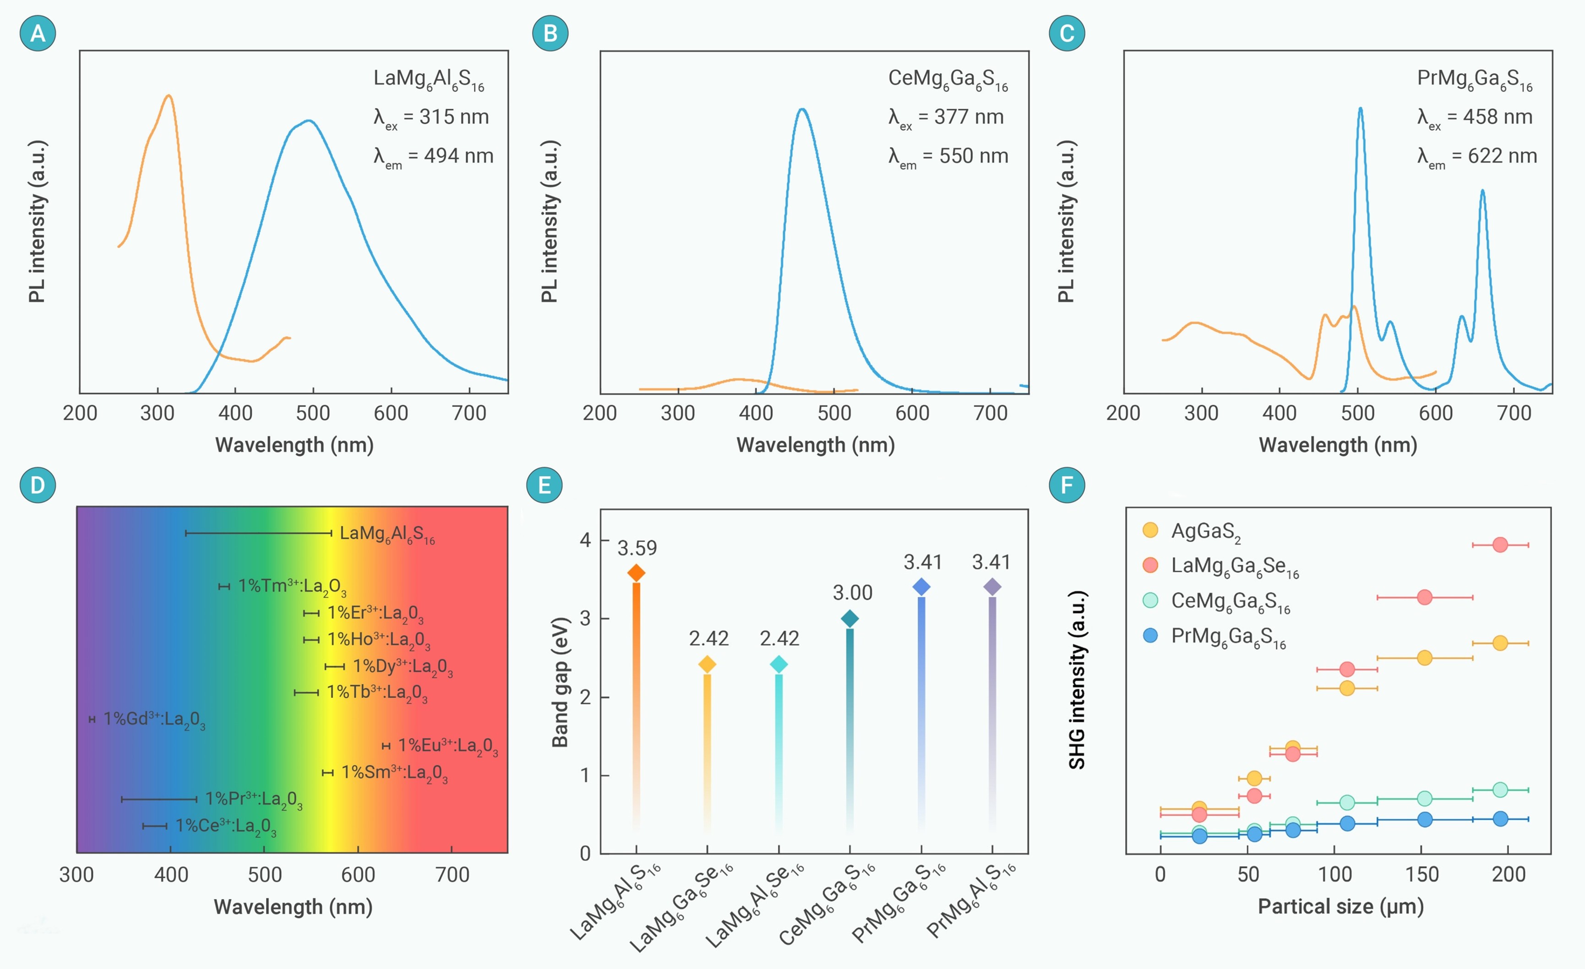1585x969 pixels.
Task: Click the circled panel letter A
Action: tap(38, 33)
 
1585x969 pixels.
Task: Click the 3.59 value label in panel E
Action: tap(637, 548)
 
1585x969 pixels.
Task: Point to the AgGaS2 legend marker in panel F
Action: tap(1150, 530)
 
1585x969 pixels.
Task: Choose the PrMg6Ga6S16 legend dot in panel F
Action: tap(1150, 636)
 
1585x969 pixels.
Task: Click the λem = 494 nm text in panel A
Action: tap(434, 156)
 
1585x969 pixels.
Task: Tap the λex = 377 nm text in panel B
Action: tap(946, 117)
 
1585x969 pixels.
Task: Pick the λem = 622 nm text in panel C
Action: tap(1477, 156)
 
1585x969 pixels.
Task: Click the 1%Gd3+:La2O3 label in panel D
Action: tap(154, 719)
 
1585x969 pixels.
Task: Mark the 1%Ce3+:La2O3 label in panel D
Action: tap(226, 826)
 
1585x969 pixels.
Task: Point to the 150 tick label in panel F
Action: tap(1422, 874)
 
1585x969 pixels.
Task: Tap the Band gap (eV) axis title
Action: tap(560, 682)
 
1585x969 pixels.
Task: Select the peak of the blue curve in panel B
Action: tap(801, 109)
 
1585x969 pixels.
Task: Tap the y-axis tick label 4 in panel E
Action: tap(585, 540)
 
